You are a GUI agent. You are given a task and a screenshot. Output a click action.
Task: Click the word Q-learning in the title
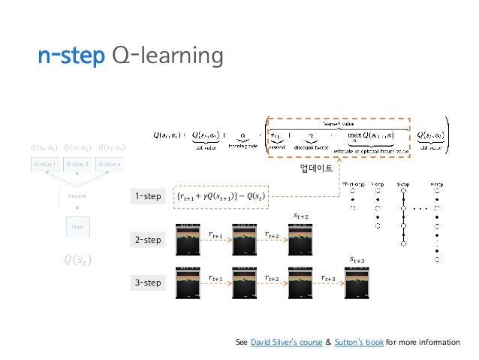click(x=167, y=56)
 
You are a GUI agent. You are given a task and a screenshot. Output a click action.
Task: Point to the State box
click(x=77, y=225)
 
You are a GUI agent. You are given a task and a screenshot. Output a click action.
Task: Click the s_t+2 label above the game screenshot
click(x=300, y=216)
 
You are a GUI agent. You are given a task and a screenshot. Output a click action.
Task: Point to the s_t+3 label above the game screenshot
click(x=357, y=259)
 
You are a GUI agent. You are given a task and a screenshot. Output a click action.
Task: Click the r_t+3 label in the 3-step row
click(x=328, y=278)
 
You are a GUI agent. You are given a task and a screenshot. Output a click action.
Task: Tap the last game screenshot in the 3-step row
click(x=358, y=283)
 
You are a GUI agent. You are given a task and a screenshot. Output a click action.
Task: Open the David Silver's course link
click(x=279, y=343)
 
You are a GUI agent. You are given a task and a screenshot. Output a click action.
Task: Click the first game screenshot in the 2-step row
click(x=187, y=240)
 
